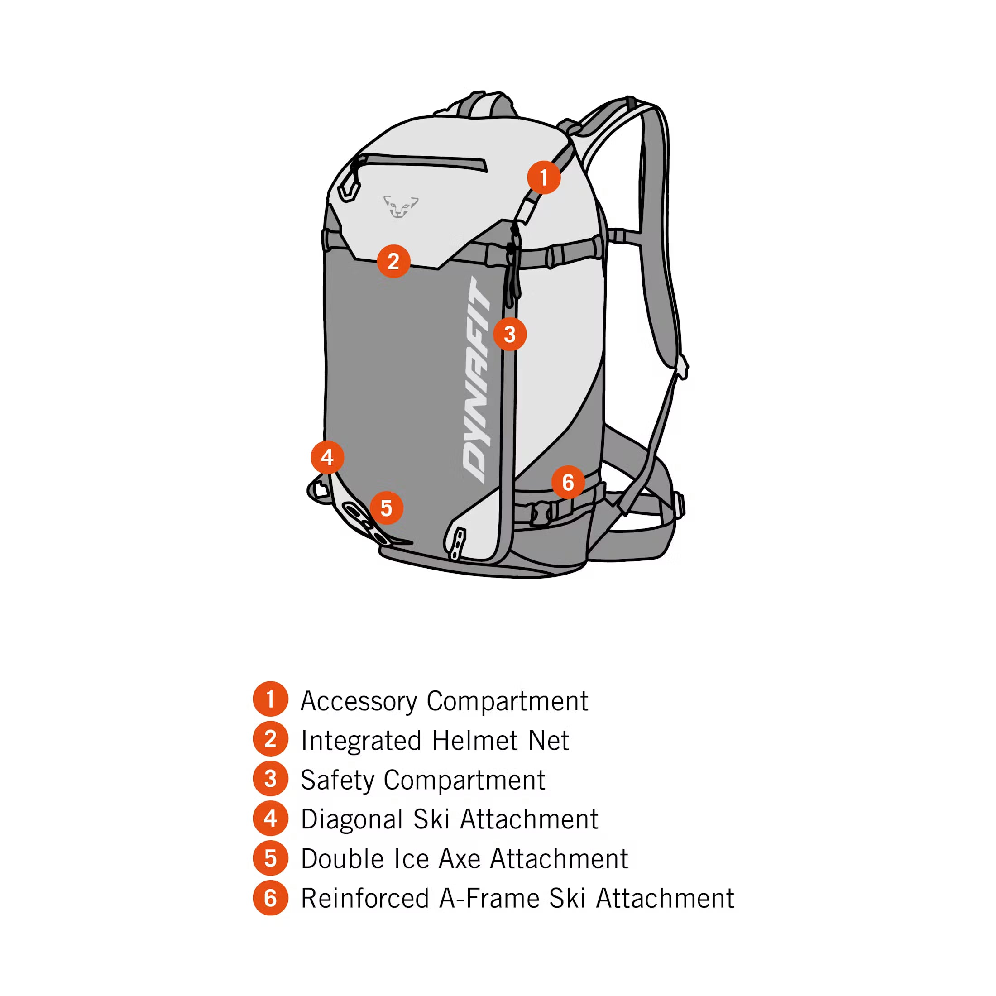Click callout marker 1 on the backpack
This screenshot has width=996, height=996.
[543, 177]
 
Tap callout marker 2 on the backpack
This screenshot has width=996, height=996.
[393, 261]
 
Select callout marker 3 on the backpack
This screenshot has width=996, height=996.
[509, 334]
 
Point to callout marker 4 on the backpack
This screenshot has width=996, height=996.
[327, 457]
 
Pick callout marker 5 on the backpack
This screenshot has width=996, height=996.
[386, 508]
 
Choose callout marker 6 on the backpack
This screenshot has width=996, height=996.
[568, 482]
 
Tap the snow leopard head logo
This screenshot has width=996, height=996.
[400, 206]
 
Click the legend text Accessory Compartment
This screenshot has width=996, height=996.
[444, 701]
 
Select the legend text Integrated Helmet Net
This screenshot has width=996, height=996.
[435, 741]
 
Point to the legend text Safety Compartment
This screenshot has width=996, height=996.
[423, 780]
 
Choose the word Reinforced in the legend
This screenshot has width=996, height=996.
[364, 899]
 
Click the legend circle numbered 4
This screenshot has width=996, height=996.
[270, 819]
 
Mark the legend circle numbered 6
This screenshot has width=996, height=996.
[270, 898]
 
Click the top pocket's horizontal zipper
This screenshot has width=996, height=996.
[423, 161]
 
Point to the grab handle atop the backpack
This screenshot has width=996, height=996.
[484, 103]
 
